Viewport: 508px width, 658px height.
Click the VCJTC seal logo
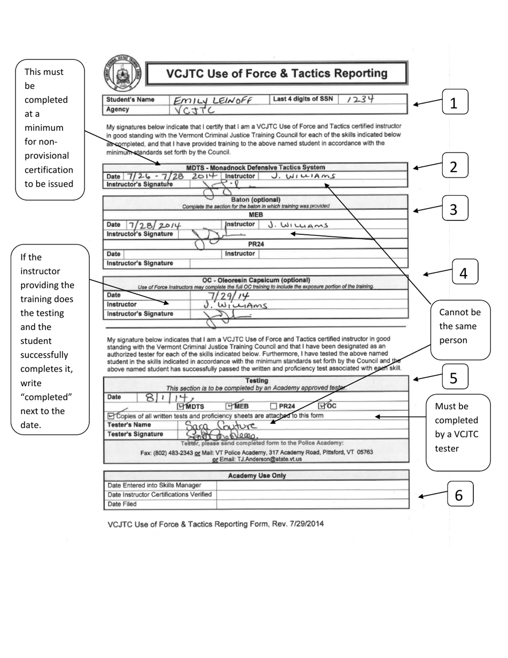(121, 73)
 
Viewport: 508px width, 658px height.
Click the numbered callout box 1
(454, 102)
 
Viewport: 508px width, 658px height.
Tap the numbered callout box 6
(459, 495)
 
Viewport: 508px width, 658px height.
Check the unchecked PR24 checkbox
(274, 406)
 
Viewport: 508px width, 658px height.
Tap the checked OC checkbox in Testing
(321, 405)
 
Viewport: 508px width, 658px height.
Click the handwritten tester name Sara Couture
(221, 425)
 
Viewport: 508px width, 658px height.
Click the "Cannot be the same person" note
(460, 326)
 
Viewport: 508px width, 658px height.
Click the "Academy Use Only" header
(257, 476)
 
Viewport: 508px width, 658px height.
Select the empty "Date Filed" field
(312, 504)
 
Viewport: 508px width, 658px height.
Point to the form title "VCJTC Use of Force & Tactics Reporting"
(276, 73)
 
